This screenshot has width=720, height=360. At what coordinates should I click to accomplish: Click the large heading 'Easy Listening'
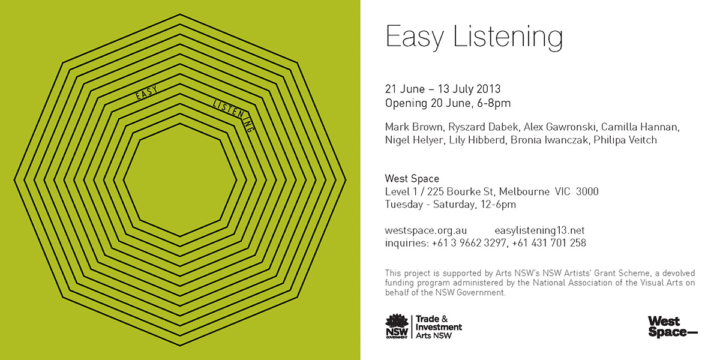click(474, 37)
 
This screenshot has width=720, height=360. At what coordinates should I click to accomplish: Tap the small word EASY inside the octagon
click(146, 93)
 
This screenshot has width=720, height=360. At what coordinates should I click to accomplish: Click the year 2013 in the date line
click(488, 89)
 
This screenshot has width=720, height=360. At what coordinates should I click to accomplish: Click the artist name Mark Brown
click(413, 127)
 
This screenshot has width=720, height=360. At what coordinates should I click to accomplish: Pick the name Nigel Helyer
click(413, 140)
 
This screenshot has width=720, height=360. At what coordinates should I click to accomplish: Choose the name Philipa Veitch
click(625, 140)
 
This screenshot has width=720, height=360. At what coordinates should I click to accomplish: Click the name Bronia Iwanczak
click(549, 140)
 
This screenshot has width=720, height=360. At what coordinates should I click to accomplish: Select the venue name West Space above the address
click(412, 178)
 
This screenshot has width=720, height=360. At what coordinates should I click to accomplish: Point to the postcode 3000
click(587, 191)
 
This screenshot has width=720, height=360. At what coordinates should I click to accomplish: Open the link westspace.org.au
click(426, 230)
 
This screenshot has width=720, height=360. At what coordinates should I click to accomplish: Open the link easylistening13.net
click(539, 230)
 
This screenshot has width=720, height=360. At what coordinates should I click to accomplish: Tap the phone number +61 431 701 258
click(549, 243)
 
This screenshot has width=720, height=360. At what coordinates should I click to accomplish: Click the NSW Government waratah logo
click(397, 326)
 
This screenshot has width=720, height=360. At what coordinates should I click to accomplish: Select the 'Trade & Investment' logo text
click(439, 323)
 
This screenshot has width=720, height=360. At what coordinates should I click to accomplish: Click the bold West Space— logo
click(673, 326)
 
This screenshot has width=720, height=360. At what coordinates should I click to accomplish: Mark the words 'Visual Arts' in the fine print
click(661, 283)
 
